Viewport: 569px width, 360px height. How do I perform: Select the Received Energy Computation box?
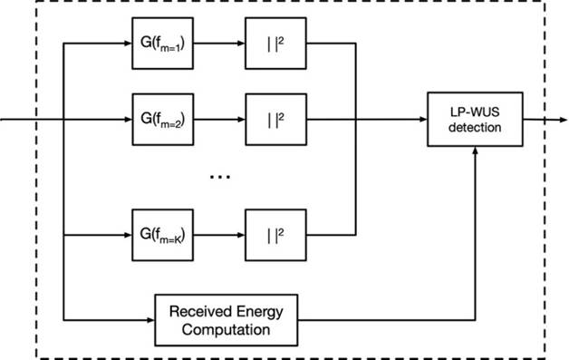[226, 320]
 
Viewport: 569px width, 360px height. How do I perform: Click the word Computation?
[226, 330]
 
